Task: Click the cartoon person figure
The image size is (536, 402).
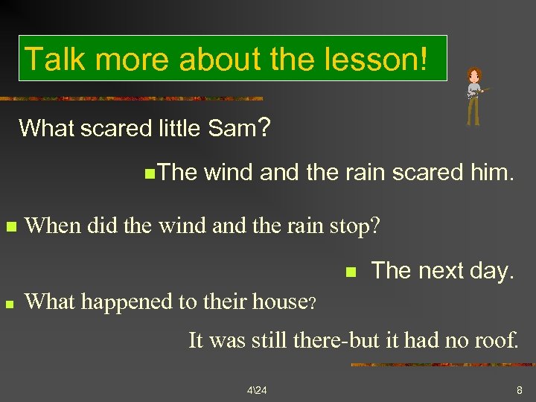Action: [473, 96]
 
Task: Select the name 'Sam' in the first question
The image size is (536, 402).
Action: [232, 128]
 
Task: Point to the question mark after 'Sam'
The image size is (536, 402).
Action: [264, 127]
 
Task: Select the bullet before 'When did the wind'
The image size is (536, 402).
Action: [10, 226]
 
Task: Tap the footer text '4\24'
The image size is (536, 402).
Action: [256, 390]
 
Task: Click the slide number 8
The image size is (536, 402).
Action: [519, 390]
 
